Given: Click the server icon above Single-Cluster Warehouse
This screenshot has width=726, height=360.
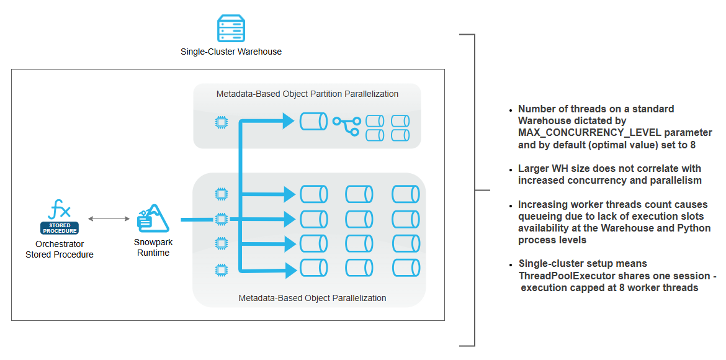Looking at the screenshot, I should (x=231, y=29).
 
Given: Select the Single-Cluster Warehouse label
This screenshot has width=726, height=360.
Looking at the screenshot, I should (x=231, y=52).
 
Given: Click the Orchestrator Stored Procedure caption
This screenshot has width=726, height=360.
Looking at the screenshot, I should (x=60, y=249).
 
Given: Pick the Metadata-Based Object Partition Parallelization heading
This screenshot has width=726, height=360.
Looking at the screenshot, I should (x=307, y=94).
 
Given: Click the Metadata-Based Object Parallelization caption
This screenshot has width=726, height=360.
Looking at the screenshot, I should (x=312, y=298).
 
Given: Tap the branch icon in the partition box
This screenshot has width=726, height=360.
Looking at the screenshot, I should (x=346, y=125).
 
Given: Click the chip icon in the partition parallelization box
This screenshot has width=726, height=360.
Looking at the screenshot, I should (x=220, y=122).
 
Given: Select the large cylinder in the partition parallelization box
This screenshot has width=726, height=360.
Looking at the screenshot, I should (x=313, y=121).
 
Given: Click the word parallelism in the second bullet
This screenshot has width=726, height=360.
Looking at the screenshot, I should (x=676, y=180).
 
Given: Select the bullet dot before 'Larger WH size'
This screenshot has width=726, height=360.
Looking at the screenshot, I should (x=511, y=169).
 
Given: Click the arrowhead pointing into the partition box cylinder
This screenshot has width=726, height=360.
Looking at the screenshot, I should (x=288, y=121).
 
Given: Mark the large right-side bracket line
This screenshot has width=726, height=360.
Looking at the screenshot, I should (x=475, y=190).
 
